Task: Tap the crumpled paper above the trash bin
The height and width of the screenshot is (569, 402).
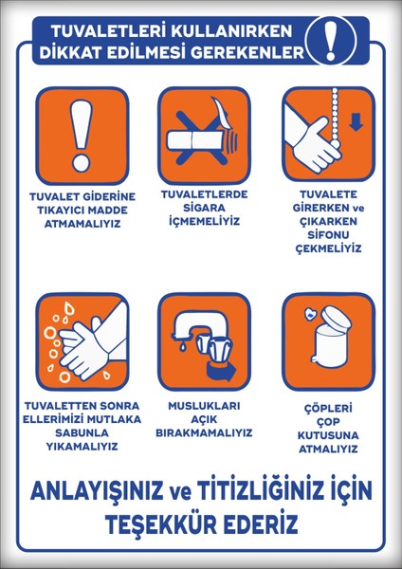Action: [309, 315]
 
